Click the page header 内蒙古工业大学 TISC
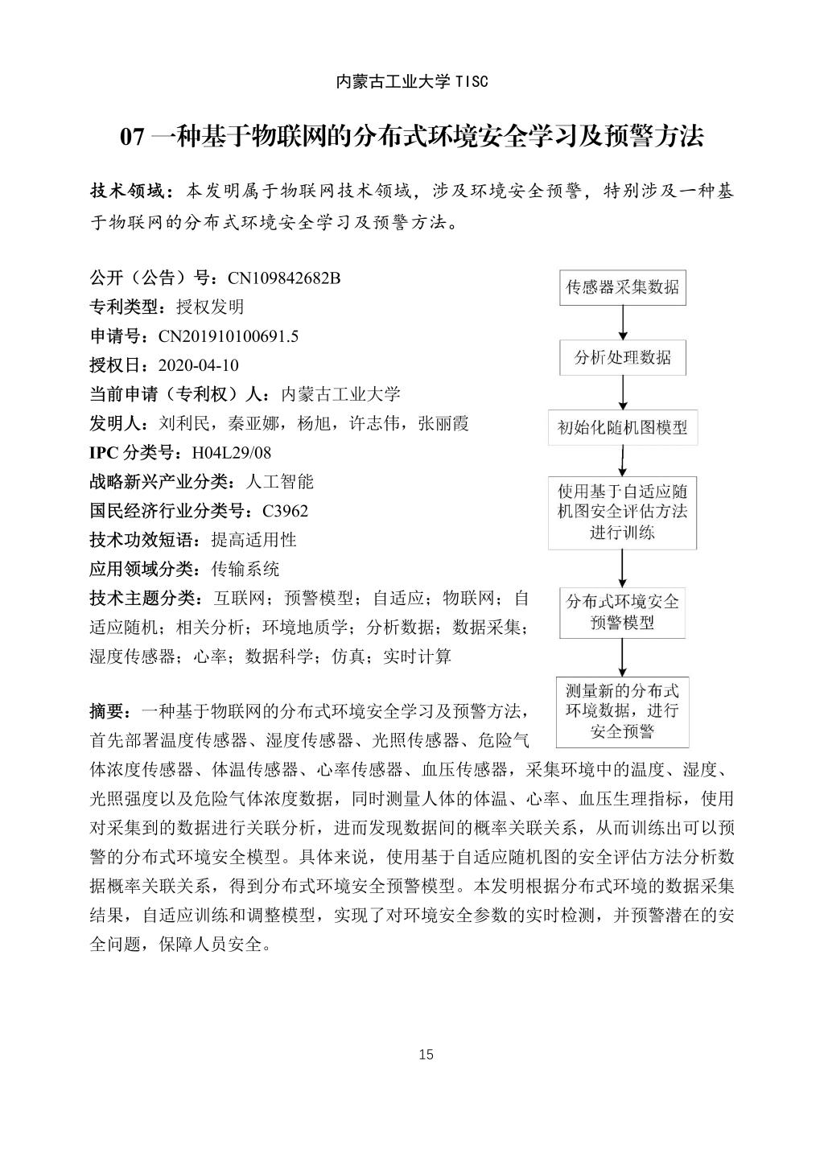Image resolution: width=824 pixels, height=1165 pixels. pyautogui.click(x=411, y=81)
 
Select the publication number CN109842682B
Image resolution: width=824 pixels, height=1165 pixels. pyautogui.click(x=284, y=278)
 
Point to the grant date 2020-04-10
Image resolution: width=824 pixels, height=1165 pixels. pyautogui.click(x=199, y=365)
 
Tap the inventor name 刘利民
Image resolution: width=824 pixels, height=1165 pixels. pyautogui.click(x=184, y=424)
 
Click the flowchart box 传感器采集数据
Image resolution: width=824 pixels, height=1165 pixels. pyautogui.click(x=623, y=287)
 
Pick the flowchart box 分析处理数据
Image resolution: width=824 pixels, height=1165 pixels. pyautogui.click(x=623, y=358)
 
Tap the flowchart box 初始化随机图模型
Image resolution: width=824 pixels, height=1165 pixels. pyautogui.click(x=623, y=427)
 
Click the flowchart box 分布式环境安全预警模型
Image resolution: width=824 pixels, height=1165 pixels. pyautogui.click(x=623, y=611)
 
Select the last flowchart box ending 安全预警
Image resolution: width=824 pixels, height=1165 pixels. pyautogui.click(x=623, y=711)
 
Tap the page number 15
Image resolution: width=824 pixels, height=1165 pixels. pyautogui.click(x=426, y=1055)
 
